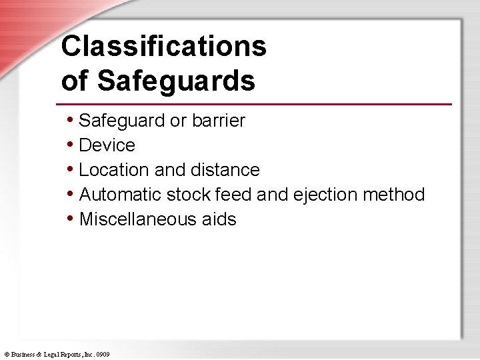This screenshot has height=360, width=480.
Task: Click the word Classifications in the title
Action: [163, 47]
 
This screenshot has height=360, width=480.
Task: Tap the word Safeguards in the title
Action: [176, 81]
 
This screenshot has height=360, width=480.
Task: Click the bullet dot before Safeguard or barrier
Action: [71, 120]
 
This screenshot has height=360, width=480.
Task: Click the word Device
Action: [107, 145]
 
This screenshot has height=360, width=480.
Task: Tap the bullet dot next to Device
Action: [71, 145]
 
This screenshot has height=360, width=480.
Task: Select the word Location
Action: [114, 170]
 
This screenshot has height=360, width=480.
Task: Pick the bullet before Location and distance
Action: [71, 169]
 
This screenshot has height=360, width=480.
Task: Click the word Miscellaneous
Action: [135, 219]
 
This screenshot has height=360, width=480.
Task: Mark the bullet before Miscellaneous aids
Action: [71, 219]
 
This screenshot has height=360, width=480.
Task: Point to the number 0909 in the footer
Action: [103, 355]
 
